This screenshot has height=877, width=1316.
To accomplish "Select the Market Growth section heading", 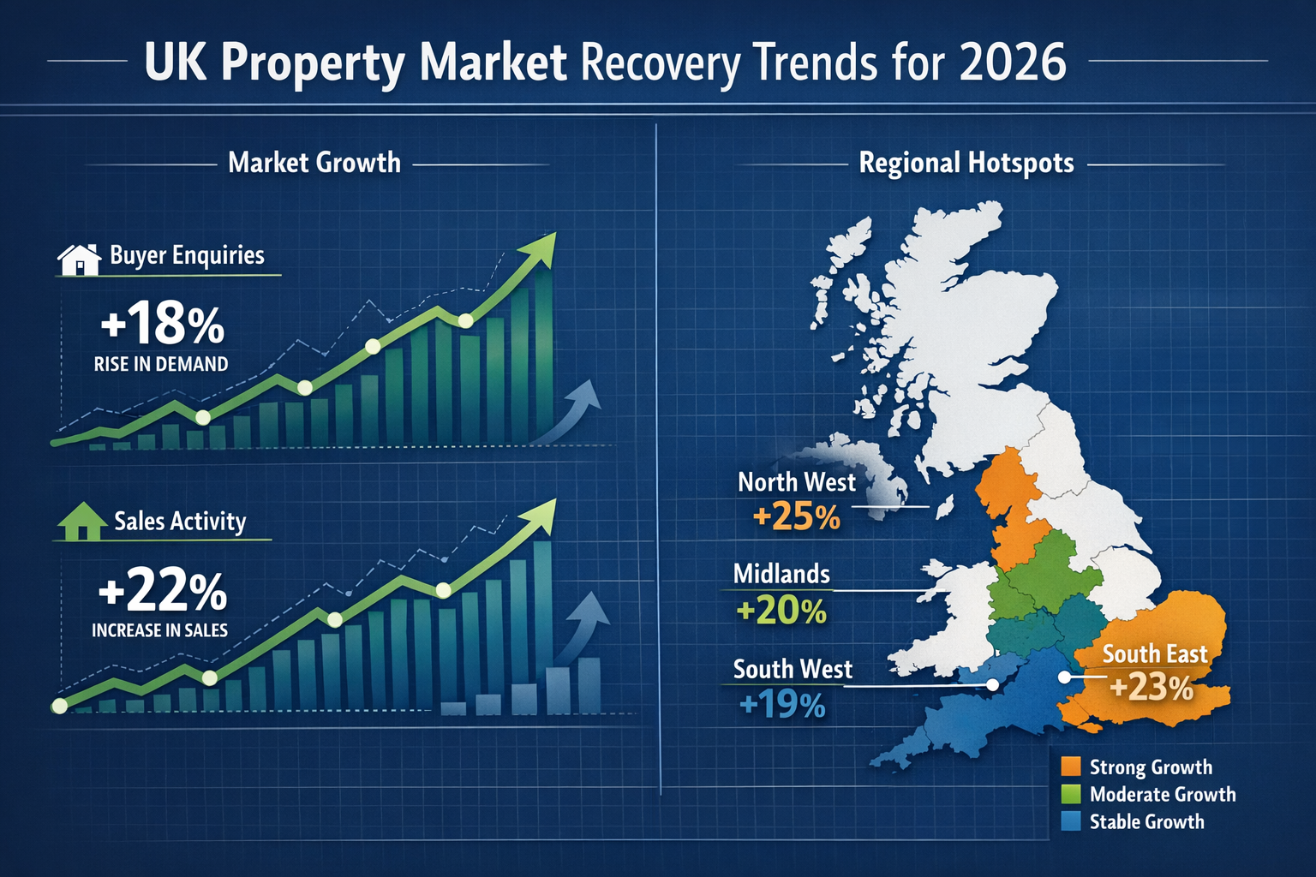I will click(314, 163).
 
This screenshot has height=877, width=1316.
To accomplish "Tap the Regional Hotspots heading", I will click(966, 163).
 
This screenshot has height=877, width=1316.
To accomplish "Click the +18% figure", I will click(162, 325).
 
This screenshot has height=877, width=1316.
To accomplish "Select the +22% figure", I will click(162, 592).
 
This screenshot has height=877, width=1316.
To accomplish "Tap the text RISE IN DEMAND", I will click(161, 364).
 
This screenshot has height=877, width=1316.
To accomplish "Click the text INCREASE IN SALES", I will click(160, 630).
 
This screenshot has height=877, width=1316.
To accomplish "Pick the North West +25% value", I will click(796, 517).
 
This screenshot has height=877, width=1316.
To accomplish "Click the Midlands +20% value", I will click(781, 611).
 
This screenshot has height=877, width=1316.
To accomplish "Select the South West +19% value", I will click(781, 705).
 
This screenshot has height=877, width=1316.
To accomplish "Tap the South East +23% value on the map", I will click(1151, 688).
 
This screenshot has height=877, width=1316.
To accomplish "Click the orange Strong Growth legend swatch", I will click(1070, 767).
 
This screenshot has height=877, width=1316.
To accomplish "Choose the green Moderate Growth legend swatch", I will click(1070, 794).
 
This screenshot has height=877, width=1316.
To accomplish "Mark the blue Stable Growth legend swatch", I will click(1070, 821).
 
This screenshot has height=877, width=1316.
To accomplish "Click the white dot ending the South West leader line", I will click(992, 685).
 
